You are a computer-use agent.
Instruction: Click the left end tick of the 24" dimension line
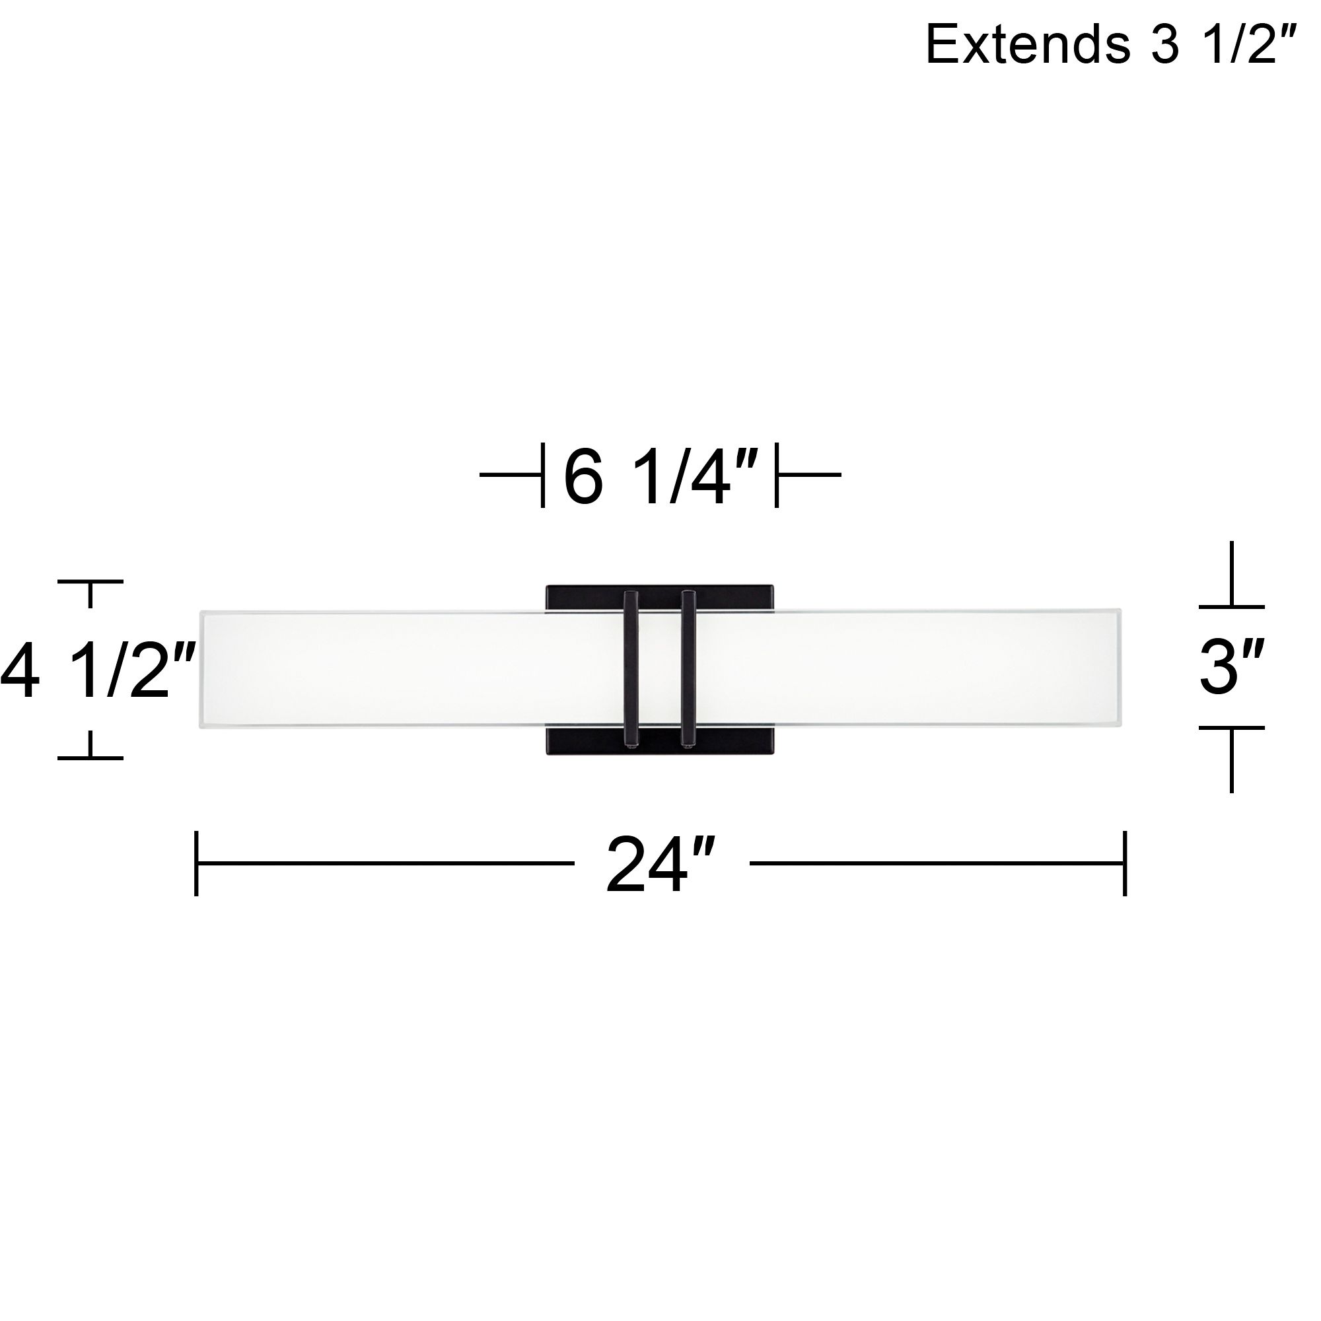tap(197, 863)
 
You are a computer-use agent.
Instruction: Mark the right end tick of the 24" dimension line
tap(1125, 863)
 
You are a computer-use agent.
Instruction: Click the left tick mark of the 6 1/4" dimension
tap(543, 474)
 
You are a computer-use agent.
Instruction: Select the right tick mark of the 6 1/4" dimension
tap(777, 474)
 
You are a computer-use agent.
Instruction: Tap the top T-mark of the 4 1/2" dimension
tap(90, 583)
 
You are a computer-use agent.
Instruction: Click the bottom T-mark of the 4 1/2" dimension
tap(90, 757)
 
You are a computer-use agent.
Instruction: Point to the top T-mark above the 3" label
tap(1231, 605)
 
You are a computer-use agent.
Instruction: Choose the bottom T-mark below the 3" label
tap(1231, 729)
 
